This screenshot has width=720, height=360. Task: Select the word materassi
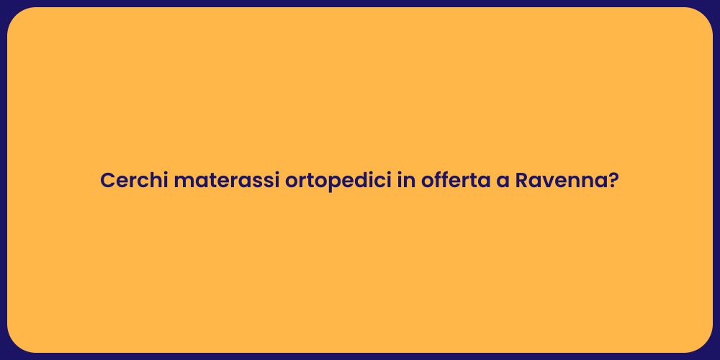point(226,181)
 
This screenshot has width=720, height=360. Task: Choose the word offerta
point(454,181)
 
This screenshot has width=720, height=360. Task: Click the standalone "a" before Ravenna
point(502,182)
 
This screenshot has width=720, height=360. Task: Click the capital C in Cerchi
point(107,181)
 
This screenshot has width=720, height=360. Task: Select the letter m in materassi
point(183,182)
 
